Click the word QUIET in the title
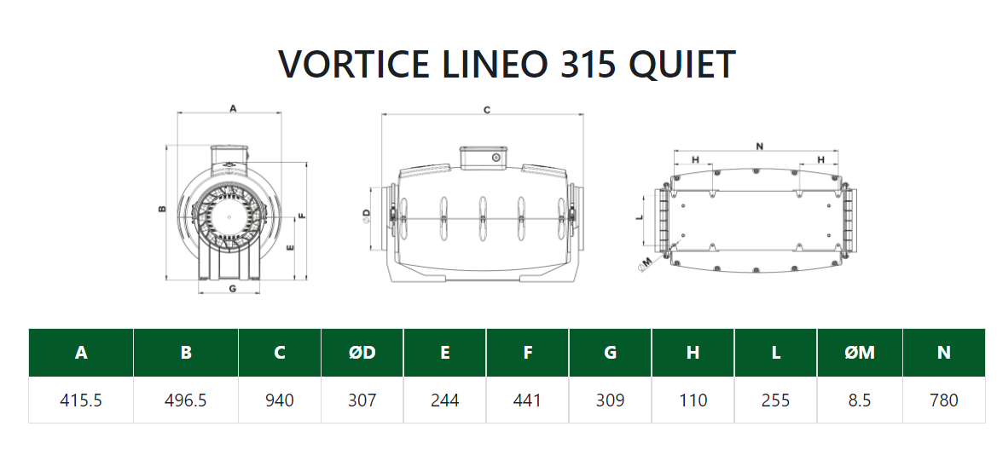coord(681,64)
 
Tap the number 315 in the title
coord(588,64)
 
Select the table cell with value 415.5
coord(81,400)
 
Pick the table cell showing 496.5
coord(186,400)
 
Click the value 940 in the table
coord(280,400)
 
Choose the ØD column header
coord(362,353)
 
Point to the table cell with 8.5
coord(858,400)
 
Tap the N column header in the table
coord(944,353)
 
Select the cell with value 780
coord(944,400)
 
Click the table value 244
coord(445,400)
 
